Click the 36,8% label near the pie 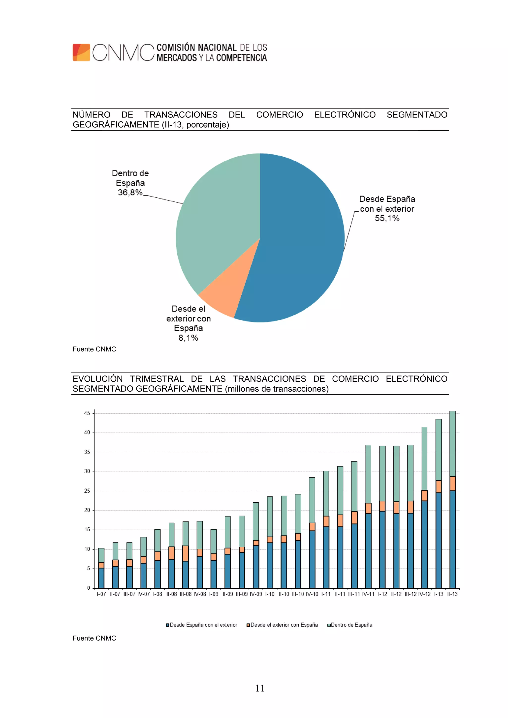[130, 192]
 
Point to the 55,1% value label [387, 218]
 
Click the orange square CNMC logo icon [81, 52]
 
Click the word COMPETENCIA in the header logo [241, 58]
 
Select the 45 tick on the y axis [87, 413]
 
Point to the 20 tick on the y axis [87, 510]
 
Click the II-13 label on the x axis [452, 594]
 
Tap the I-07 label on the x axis [101, 594]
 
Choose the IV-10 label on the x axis [312, 594]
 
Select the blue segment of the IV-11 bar [368, 550]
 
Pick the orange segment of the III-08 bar [185, 553]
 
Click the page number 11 [260, 688]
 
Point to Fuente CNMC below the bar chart [94, 638]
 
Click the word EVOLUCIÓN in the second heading [98, 379]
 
